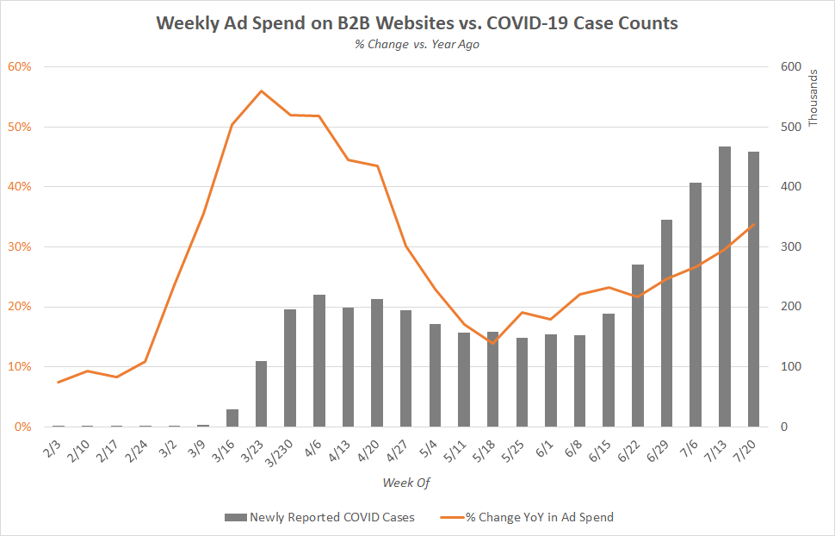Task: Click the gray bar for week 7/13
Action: [724, 287]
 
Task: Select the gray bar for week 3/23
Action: [261, 394]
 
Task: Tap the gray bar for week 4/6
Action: [319, 361]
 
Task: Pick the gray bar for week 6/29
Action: [666, 323]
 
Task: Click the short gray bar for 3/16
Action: [232, 418]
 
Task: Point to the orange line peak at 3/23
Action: [261, 90]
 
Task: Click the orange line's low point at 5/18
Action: [492, 343]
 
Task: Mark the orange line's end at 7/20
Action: [753, 224]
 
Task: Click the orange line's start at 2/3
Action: [59, 382]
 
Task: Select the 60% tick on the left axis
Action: [21, 66]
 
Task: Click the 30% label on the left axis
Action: [21, 246]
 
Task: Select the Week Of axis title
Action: [405, 482]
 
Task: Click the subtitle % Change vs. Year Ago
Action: [417, 45]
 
